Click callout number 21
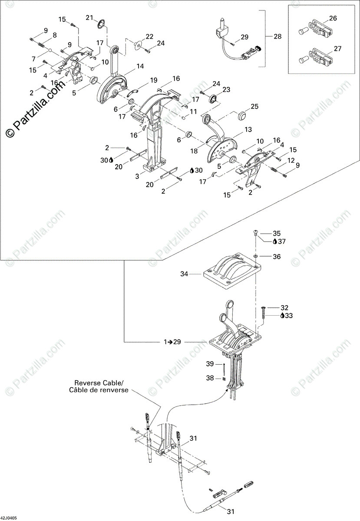[89, 17]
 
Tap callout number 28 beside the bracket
[277, 36]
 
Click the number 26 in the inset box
[333, 18]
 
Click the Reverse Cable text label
[99, 383]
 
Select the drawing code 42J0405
[9, 518]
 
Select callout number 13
[248, 130]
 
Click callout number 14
[140, 66]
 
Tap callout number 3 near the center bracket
[138, 176]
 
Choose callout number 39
[210, 363]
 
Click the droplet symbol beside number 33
[282, 316]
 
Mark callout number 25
[254, 106]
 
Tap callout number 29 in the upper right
[244, 37]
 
